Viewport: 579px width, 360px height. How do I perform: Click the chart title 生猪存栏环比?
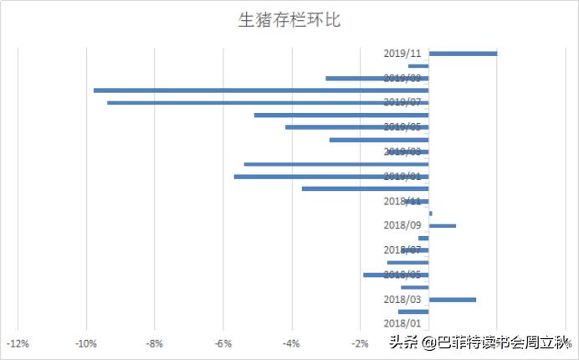pyautogui.click(x=289, y=20)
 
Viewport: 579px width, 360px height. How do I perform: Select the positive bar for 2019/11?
pyautogui.click(x=463, y=54)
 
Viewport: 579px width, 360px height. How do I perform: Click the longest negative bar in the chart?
pyautogui.click(x=261, y=90)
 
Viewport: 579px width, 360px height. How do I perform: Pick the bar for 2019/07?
pyautogui.click(x=268, y=102)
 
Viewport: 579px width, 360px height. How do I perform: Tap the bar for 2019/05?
pyautogui.click(x=357, y=127)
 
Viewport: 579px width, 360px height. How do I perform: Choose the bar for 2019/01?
pyautogui.click(x=331, y=177)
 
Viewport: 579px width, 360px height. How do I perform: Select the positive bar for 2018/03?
pyautogui.click(x=452, y=300)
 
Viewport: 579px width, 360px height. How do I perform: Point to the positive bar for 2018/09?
pyautogui.click(x=443, y=226)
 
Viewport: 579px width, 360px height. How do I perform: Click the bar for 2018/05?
pyautogui.click(x=396, y=275)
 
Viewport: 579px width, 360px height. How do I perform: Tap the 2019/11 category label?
pyautogui.click(x=403, y=54)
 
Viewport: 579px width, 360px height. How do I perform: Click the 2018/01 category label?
pyautogui.click(x=403, y=323)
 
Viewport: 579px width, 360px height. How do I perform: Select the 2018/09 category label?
pyautogui.click(x=403, y=225)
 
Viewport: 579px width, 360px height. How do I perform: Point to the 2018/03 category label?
pyautogui.click(x=403, y=299)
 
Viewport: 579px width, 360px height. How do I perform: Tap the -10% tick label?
pyautogui.click(x=85, y=342)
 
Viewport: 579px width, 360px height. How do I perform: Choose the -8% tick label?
pyautogui.click(x=154, y=342)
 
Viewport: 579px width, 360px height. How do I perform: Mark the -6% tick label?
pyautogui.click(x=223, y=342)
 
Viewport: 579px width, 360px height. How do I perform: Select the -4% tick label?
pyautogui.click(x=291, y=342)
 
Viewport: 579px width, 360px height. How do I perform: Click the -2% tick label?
pyautogui.click(x=360, y=342)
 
